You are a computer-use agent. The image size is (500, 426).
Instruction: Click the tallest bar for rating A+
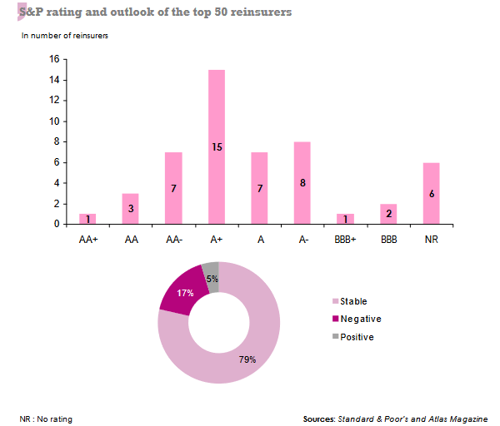pyautogui.click(x=217, y=146)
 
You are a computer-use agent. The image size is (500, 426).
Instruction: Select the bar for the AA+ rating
pyautogui.click(x=87, y=219)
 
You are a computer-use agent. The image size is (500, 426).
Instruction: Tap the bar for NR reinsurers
pyautogui.click(x=432, y=193)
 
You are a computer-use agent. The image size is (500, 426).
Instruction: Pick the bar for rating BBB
pyautogui.click(x=388, y=214)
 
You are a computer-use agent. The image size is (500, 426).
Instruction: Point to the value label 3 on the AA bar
pyautogui.click(x=131, y=209)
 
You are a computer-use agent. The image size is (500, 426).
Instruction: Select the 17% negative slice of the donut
pyautogui.click(x=182, y=294)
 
